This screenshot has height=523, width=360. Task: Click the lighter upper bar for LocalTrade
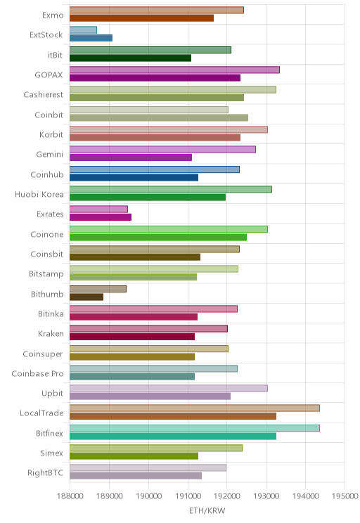click(x=195, y=408)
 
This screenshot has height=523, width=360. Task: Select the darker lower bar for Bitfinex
click(x=173, y=436)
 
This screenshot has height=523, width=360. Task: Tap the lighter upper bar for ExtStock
click(x=83, y=30)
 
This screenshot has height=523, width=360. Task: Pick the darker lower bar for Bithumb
click(x=86, y=297)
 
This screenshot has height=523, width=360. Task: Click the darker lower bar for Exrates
click(x=101, y=217)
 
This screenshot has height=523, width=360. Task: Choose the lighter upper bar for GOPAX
click(x=174, y=70)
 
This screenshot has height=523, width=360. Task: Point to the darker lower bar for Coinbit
click(x=159, y=117)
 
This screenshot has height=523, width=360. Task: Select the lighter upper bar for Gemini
click(x=162, y=149)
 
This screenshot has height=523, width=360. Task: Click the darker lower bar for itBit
click(x=131, y=58)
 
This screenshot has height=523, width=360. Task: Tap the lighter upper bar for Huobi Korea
click(x=171, y=189)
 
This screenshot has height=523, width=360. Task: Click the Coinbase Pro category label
click(x=37, y=373)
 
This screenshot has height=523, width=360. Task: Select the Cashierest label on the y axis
click(x=43, y=95)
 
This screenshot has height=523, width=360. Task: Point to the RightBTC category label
click(x=46, y=472)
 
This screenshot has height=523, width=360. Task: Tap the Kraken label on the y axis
click(x=51, y=333)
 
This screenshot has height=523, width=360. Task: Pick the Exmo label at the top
click(x=53, y=15)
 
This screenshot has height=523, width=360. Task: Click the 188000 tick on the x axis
click(x=70, y=496)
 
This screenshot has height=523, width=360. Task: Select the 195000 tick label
click(x=345, y=496)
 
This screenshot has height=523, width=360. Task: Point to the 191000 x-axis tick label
click(x=188, y=496)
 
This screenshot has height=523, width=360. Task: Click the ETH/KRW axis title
click(x=207, y=510)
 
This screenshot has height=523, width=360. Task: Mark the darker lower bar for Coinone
click(x=158, y=237)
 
